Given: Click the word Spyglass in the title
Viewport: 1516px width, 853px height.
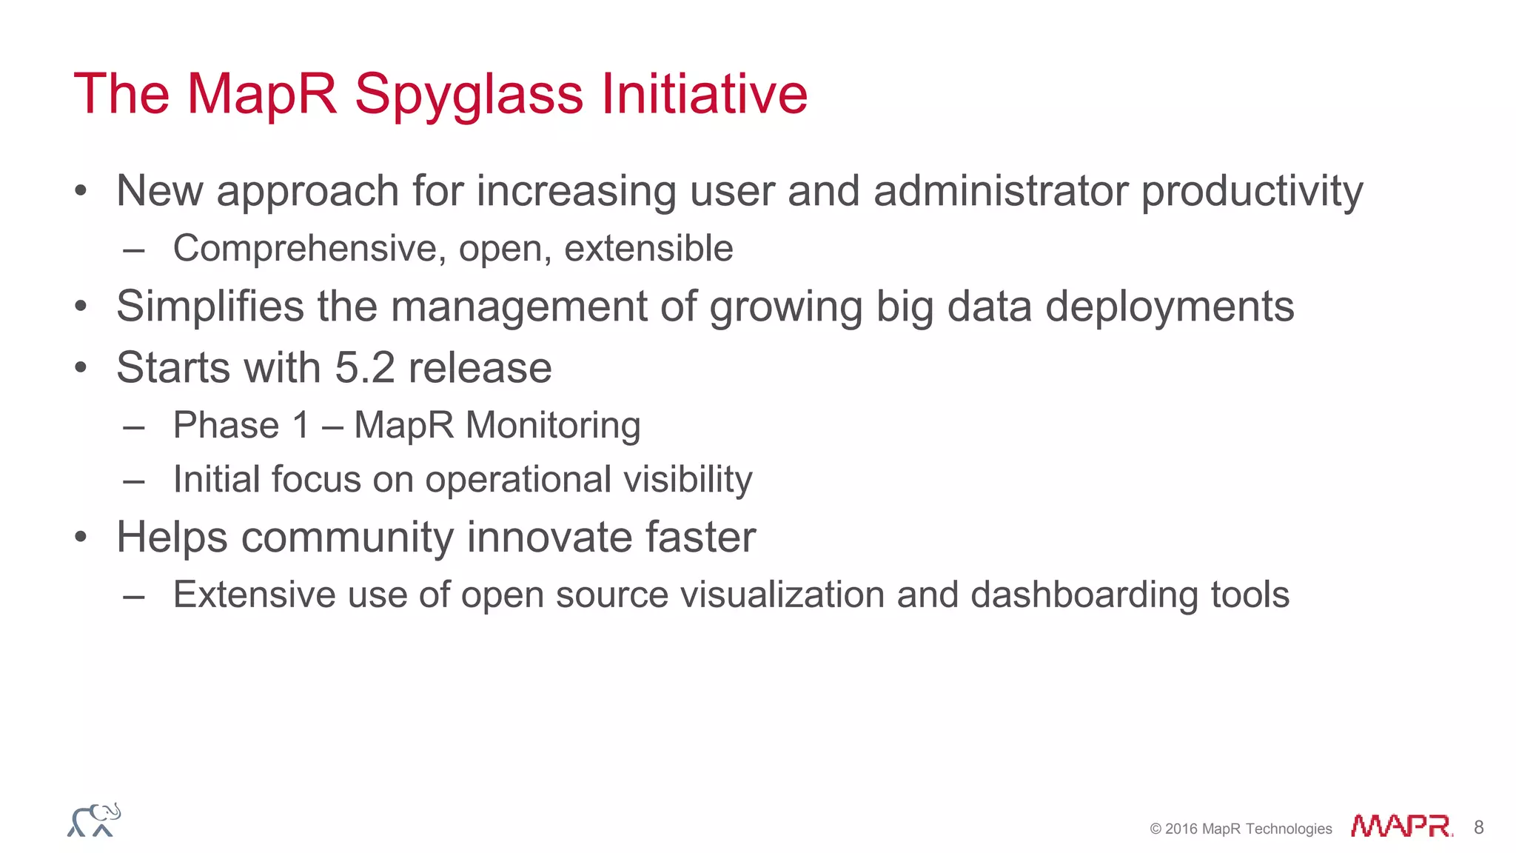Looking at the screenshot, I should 469,95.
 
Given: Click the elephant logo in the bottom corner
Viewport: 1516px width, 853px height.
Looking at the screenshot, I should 94,820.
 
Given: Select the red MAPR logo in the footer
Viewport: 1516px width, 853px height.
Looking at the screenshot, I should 1401,826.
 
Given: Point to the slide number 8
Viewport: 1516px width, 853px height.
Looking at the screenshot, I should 1478,827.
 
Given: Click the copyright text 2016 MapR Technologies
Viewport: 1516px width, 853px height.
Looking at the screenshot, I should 1241,829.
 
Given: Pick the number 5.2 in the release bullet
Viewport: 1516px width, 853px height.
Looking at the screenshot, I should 365,367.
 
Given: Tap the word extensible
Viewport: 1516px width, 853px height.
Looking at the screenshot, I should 648,248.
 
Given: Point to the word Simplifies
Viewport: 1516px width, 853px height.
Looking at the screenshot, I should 210,307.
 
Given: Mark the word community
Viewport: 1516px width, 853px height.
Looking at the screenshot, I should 347,538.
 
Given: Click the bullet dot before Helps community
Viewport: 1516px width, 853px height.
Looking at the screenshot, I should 81,538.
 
